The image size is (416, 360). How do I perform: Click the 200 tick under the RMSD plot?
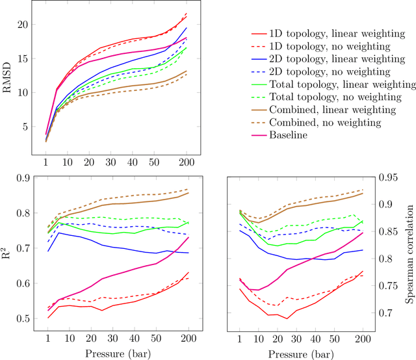(187, 161)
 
